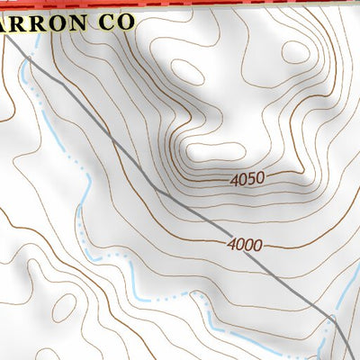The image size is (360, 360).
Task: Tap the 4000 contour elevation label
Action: pyautogui.click(x=245, y=244)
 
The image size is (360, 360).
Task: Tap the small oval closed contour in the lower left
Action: pyautogui.click(x=63, y=310)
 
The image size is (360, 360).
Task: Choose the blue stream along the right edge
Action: pyautogui.click(x=346, y=297)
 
